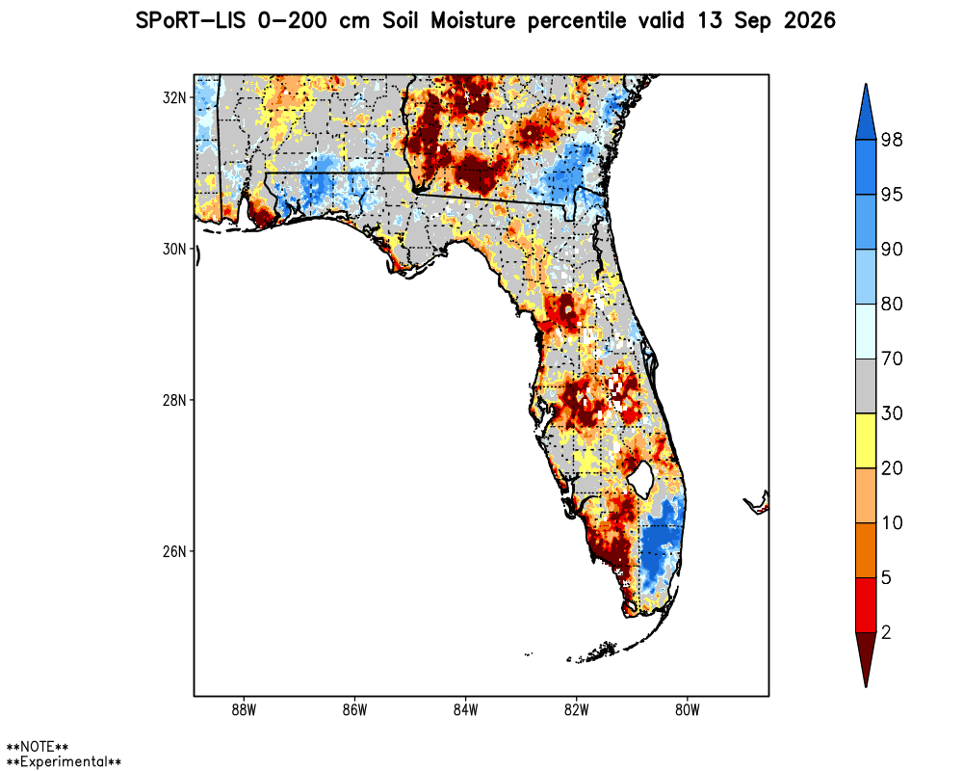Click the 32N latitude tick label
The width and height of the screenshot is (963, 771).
(x=174, y=97)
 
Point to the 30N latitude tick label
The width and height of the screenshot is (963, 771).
(x=174, y=249)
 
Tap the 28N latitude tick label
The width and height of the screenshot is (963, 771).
(x=174, y=400)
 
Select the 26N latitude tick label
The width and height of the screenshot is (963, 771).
(x=174, y=551)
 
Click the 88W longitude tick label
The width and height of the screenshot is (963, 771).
(x=244, y=710)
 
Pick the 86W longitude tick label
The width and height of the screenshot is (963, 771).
(x=355, y=710)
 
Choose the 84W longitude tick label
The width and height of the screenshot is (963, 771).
(x=465, y=710)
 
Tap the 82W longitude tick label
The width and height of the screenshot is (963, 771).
(x=577, y=710)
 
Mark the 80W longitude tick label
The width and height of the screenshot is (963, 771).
(x=688, y=710)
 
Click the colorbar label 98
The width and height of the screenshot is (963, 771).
(x=892, y=140)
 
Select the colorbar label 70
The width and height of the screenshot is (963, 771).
(x=892, y=359)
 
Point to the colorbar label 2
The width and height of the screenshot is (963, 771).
(x=886, y=632)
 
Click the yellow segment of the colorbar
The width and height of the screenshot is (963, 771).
(x=866, y=440)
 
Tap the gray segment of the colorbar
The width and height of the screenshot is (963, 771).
(x=866, y=386)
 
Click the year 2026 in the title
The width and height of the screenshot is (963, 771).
(x=810, y=21)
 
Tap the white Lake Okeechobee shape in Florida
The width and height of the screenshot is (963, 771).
(x=641, y=480)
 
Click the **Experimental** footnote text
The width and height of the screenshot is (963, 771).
(x=64, y=761)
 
